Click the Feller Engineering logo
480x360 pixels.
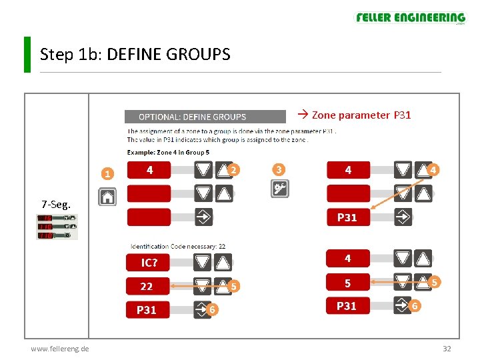[410, 18]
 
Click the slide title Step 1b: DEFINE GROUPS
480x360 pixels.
[135, 55]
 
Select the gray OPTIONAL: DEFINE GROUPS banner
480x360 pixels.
[192, 117]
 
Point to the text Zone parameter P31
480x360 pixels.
[355, 115]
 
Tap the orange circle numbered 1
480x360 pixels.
[107, 175]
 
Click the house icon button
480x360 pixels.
[107, 197]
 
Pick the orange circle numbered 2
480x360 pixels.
[233, 170]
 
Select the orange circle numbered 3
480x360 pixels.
[279, 170]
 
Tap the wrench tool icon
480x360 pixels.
[280, 189]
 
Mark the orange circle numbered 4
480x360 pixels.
[433, 170]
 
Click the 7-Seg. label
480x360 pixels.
[55, 203]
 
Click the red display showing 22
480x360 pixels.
[147, 287]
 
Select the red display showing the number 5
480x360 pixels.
[347, 283]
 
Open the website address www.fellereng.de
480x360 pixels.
[61, 349]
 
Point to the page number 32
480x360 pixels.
[447, 349]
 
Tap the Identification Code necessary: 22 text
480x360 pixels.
[178, 246]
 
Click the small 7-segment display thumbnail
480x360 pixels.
[57, 227]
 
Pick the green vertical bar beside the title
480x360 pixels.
[27, 55]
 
